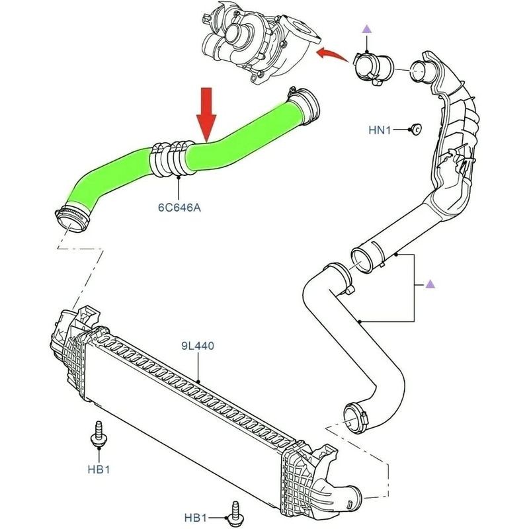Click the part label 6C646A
tap(179, 207)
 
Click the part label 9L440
tap(198, 345)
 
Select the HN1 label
tap(381, 130)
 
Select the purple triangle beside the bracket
tap(430, 284)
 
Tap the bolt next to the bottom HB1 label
tap(234, 510)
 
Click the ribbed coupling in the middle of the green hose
tap(169, 159)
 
